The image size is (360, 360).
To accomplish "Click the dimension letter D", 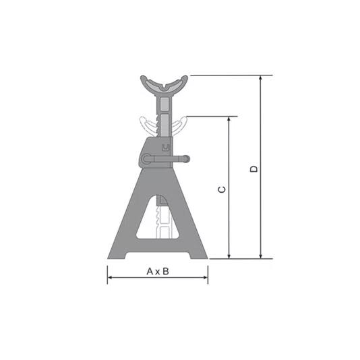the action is point(253,169).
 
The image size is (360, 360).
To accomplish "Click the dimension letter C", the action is point(222,189).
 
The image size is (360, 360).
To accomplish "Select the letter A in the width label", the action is point(150,272).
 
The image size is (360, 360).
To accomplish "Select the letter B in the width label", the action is point(166,272).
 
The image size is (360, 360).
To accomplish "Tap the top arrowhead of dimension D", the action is point(260,78).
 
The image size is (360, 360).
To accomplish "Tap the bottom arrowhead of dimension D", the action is point(260,256).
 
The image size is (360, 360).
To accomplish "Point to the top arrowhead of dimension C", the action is point(229,119).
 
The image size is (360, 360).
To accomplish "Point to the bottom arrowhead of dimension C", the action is point(229,256).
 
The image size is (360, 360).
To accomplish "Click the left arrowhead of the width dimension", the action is point(110,278).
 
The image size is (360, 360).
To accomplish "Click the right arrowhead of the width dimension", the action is point(205,278).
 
